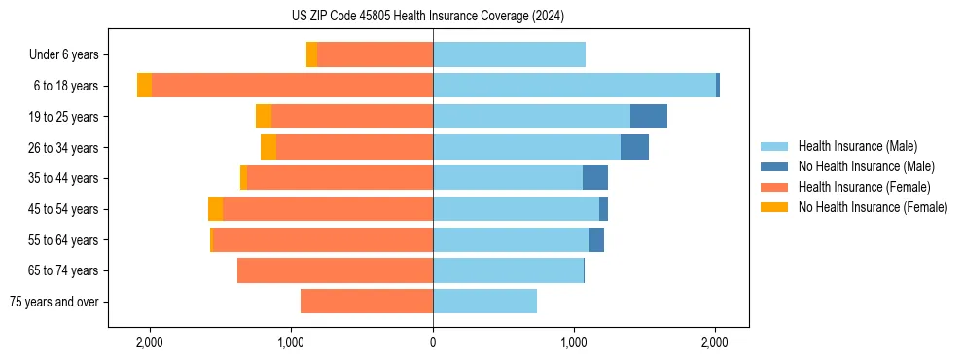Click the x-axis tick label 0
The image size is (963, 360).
pos(433,342)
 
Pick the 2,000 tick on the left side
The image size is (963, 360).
pos(150,342)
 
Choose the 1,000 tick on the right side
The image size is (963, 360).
pos(574,342)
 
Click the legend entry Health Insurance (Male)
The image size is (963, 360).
pos(857,146)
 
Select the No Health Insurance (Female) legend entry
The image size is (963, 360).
pos(873,207)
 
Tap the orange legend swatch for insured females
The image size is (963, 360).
pos(774,187)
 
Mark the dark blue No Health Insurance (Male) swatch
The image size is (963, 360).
pos(774,166)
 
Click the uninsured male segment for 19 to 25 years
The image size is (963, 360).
pos(649,117)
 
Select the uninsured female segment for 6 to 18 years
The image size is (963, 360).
pos(144,86)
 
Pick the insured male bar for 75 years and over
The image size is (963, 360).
pos(484,302)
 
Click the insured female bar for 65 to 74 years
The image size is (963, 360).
pos(335,270)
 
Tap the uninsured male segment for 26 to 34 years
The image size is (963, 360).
pos(634,147)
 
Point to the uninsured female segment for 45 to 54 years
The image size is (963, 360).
pos(215,209)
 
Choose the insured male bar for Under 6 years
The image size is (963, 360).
pos(509,54)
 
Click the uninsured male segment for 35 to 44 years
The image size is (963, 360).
pos(595,178)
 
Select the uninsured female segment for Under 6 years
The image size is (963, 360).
pos(311,54)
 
